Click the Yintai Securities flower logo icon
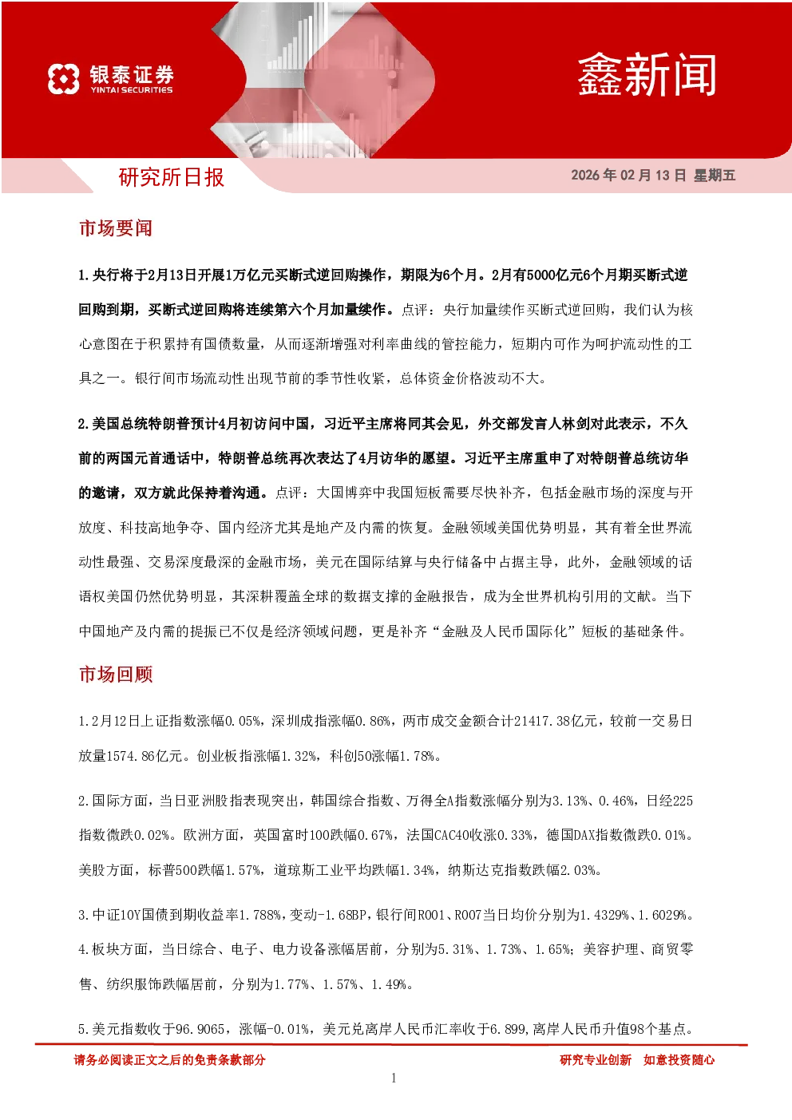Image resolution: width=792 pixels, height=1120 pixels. pyautogui.click(x=64, y=79)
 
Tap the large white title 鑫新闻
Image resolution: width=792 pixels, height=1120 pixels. pyautogui.click(x=647, y=75)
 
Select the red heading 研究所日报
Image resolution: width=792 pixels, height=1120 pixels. pyautogui.click(x=171, y=177)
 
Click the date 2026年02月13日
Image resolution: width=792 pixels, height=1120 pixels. pyautogui.click(x=628, y=175)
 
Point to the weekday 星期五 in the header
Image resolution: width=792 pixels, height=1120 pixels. pyautogui.click(x=715, y=175)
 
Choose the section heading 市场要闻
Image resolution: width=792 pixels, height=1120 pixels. pyautogui.click(x=116, y=228)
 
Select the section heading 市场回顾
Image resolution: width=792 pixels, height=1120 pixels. pyautogui.click(x=116, y=674)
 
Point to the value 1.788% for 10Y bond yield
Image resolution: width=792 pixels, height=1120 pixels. pyautogui.click(x=260, y=915)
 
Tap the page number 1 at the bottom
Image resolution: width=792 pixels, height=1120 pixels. pyautogui.click(x=394, y=1078)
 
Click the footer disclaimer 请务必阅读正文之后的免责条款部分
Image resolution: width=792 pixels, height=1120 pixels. pyautogui.click(x=169, y=1060)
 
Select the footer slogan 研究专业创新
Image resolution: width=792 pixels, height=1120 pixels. pyautogui.click(x=596, y=1060)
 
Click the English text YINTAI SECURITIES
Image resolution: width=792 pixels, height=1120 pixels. pyautogui.click(x=132, y=90)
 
